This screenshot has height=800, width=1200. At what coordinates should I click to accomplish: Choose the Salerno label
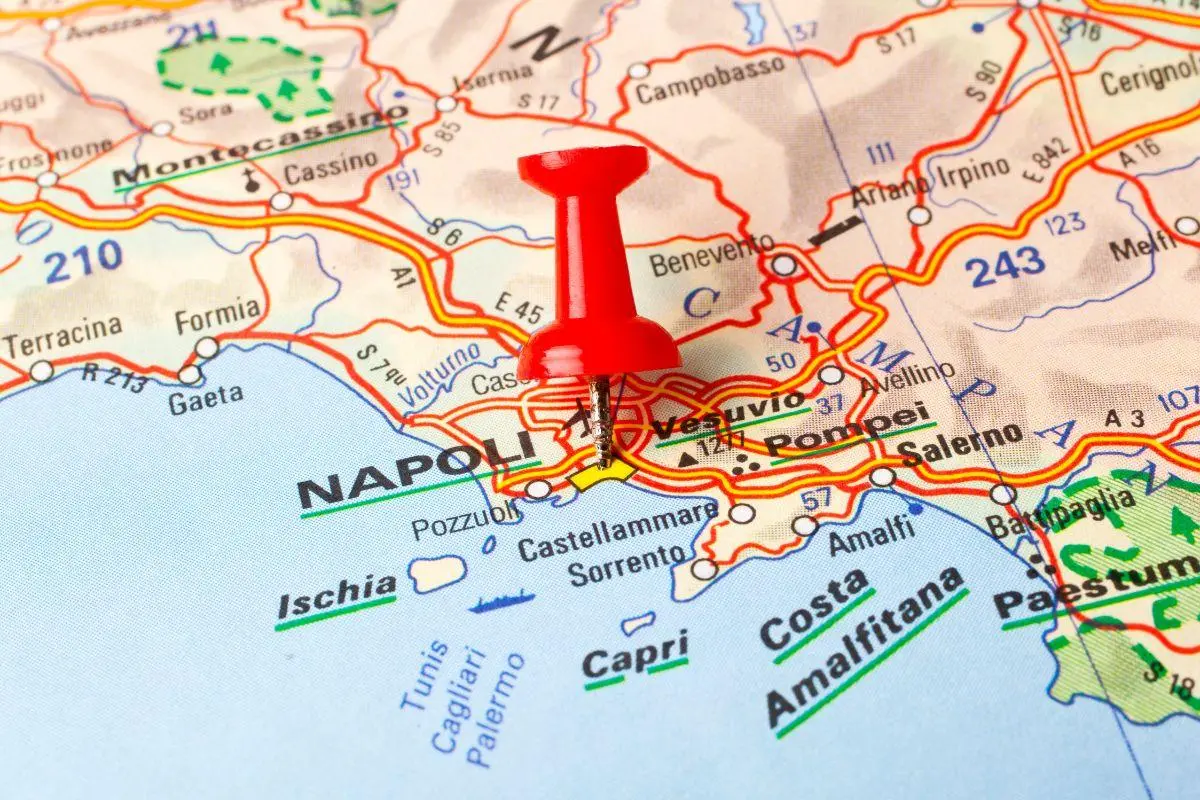pyautogui.click(x=961, y=442)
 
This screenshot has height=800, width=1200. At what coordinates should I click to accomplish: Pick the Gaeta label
pyautogui.click(x=205, y=397)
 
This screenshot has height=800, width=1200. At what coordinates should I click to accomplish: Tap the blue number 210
pyautogui.click(x=83, y=262)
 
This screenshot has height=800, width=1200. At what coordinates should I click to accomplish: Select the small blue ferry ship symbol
pyautogui.click(x=502, y=603)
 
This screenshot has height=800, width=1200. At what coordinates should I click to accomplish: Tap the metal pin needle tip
pyautogui.click(x=604, y=463)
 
